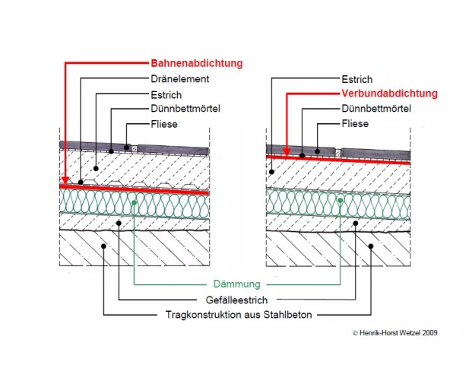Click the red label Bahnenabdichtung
pyautogui.click(x=196, y=63)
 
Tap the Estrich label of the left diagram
pyautogui.click(x=168, y=94)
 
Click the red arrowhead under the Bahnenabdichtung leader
pyautogui.click(x=65, y=181)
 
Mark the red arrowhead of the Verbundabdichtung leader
pyautogui.click(x=285, y=151)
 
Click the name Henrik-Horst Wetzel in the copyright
pyautogui.click(x=388, y=332)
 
